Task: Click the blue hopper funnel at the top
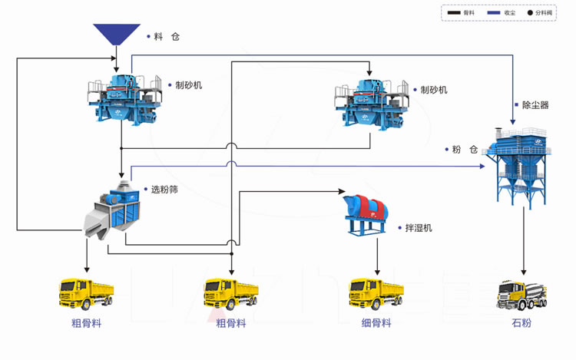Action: click(x=117, y=35)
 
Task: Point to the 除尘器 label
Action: click(x=535, y=105)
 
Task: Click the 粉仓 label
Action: click(x=465, y=149)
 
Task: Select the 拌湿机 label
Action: click(x=419, y=228)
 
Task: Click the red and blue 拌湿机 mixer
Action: click(x=369, y=214)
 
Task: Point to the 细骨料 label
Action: click(x=376, y=323)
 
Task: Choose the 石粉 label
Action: click(x=521, y=323)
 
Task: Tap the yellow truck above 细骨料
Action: click(x=376, y=295)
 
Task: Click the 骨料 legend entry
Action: click(x=461, y=13)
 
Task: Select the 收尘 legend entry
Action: click(x=502, y=13)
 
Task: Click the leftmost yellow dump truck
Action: click(x=86, y=295)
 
